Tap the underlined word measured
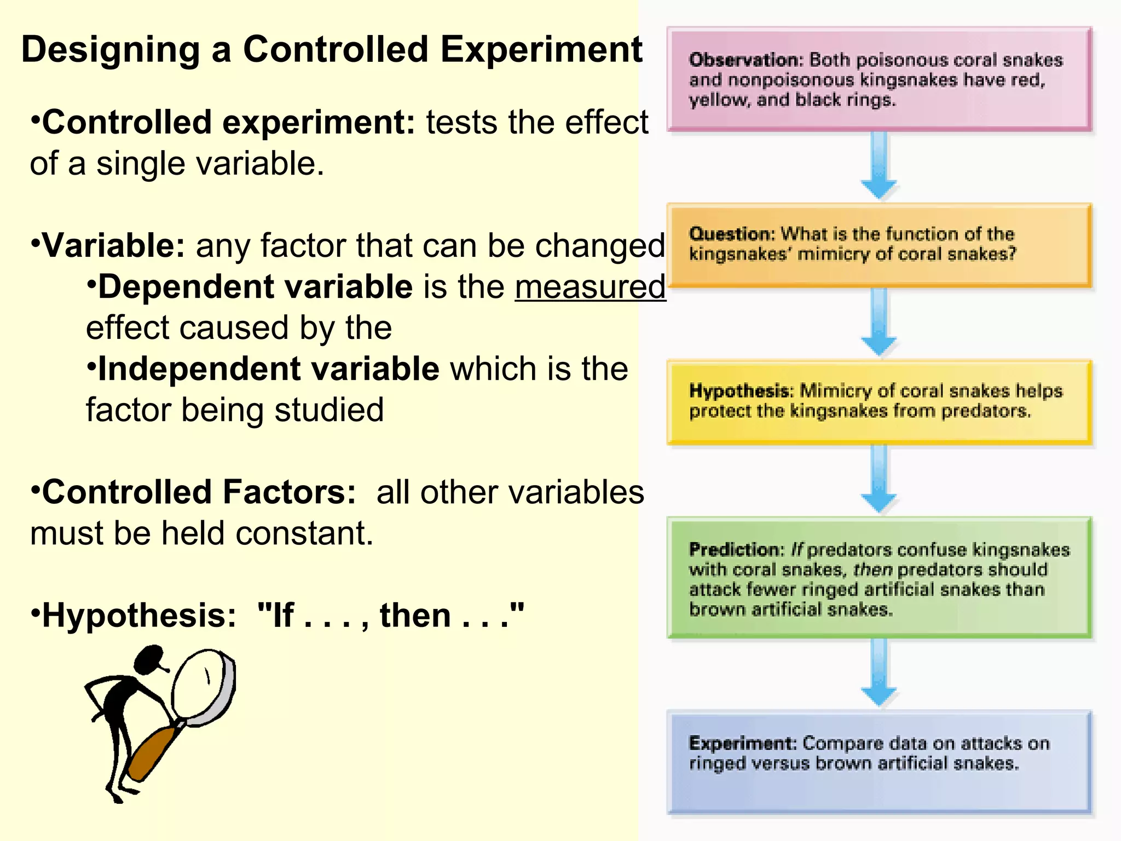[590, 287]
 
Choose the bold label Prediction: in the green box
[737, 549]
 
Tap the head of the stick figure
[149, 660]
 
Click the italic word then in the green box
[872, 570]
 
